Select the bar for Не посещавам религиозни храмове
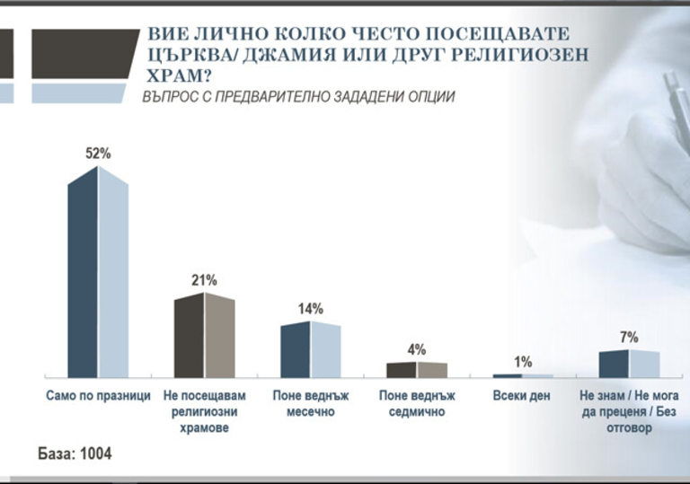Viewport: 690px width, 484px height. [x=204, y=335]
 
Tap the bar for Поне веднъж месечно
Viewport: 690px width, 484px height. [x=311, y=349]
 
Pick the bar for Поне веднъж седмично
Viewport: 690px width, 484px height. [x=416, y=369]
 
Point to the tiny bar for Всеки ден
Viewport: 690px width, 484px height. [x=523, y=375]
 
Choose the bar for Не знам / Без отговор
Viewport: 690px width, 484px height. [x=629, y=364]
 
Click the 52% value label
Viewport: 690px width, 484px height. [x=98, y=154]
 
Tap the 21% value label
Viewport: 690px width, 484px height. [x=204, y=280]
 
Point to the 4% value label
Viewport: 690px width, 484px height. [x=417, y=349]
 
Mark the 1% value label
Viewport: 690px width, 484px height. [x=523, y=362]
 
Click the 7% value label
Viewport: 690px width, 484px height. [x=629, y=338]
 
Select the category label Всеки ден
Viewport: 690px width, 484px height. [x=522, y=396]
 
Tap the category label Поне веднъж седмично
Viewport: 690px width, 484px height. [x=416, y=403]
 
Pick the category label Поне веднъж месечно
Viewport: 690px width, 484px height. [x=310, y=403]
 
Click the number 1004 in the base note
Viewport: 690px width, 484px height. [x=95, y=453]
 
